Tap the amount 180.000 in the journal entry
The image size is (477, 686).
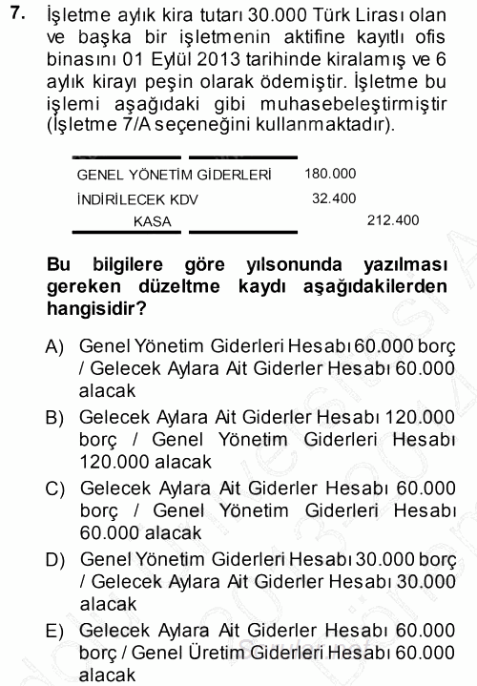tap(330, 175)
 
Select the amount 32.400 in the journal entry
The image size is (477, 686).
tap(334, 198)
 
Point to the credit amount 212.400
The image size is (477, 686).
tap(393, 220)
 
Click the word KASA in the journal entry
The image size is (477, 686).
tap(153, 221)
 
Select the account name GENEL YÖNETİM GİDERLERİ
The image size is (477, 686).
tap(174, 176)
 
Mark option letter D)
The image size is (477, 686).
tap(56, 558)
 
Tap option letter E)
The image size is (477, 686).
tap(56, 630)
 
